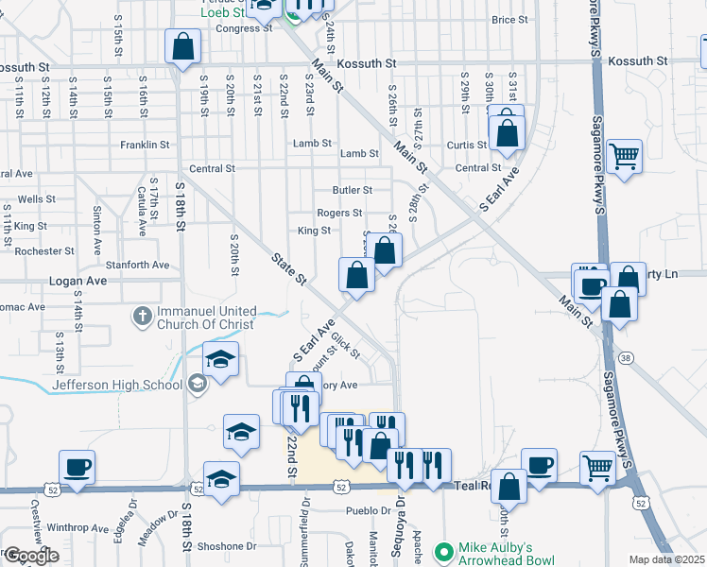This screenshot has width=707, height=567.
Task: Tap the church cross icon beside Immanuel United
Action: pos(142,317)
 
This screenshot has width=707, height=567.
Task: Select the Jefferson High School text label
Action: pos(117,384)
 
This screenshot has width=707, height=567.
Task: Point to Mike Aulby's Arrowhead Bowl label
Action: pos(506,554)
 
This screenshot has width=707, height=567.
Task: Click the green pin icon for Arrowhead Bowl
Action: pos(441,550)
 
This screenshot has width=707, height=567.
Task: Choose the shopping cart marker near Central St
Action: pos(625,156)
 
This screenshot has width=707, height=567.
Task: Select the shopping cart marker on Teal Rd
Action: pos(597,466)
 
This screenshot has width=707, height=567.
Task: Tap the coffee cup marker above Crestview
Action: pos(77,467)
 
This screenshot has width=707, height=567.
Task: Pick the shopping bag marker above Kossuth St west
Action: pos(183,46)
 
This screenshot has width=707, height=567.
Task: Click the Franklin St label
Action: pos(145,146)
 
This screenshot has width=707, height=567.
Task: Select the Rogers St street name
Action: pos(339,214)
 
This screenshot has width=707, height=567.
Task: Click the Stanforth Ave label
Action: pos(137,266)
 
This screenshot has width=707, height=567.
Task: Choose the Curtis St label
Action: pos(466,145)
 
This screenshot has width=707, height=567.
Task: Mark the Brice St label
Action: pos(509,20)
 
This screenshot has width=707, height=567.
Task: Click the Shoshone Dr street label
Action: pos(226,546)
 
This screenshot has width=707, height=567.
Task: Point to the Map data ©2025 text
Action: pos(667,559)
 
